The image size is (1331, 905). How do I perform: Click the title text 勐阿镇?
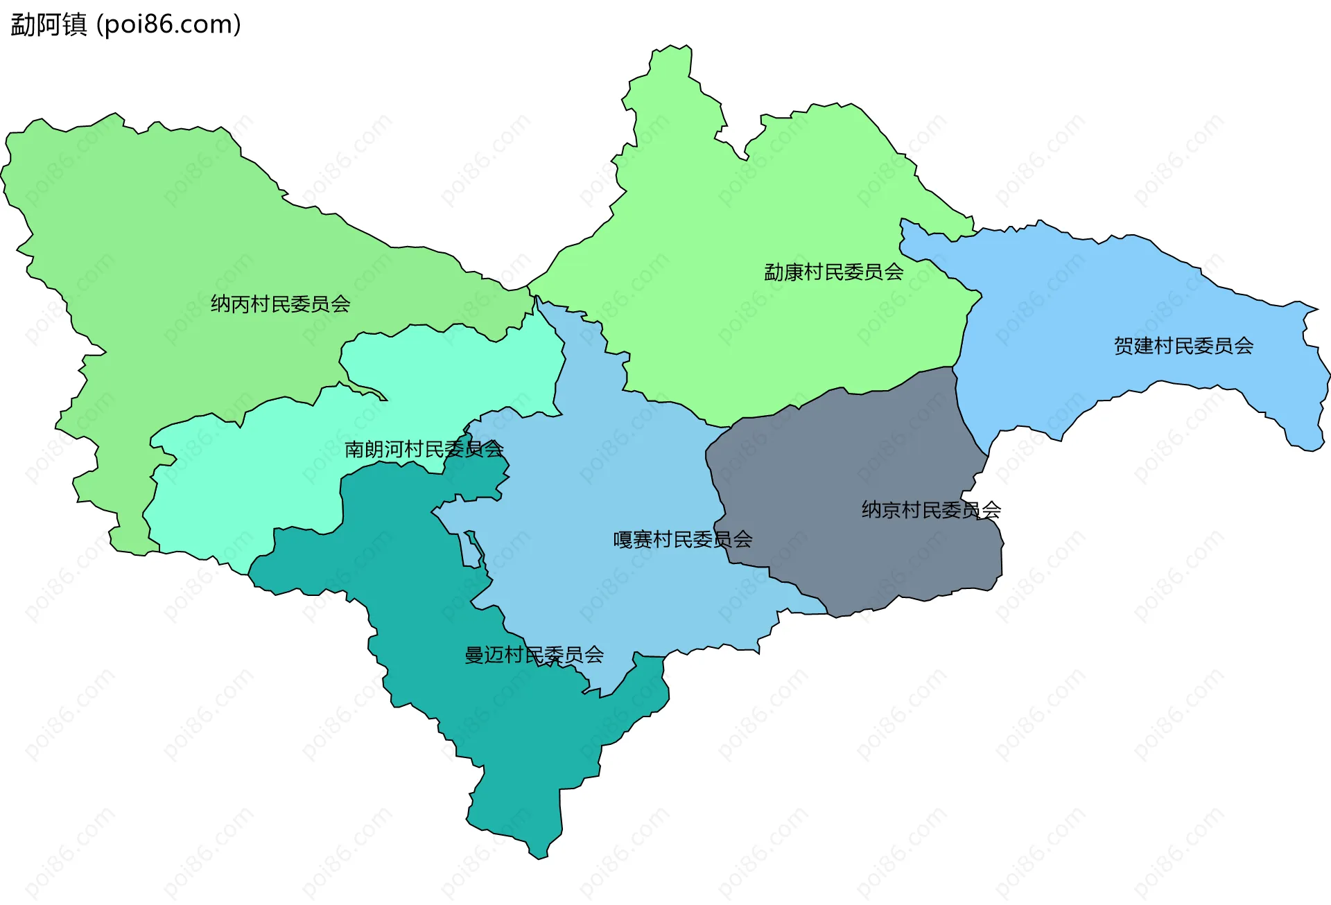coord(49,25)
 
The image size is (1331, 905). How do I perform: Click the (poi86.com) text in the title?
coord(168,25)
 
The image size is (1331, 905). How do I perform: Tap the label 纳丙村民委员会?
coord(281,304)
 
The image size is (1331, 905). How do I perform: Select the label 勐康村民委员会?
coord(833,272)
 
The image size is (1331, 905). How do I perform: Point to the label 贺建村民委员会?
coord(1183,346)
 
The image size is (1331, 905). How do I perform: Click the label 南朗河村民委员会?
coord(424,450)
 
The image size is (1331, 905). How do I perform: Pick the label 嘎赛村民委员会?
coord(683,540)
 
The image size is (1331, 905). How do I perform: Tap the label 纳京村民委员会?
coord(931,511)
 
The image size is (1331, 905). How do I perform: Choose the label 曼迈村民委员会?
coord(534,655)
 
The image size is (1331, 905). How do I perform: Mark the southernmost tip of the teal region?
coord(539,857)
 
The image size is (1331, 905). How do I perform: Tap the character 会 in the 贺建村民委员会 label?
coord(1244,346)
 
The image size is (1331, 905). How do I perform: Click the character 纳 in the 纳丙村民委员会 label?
coord(220,304)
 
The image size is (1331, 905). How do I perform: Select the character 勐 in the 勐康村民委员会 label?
coord(774,272)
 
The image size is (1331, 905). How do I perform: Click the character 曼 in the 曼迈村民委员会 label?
coord(474,655)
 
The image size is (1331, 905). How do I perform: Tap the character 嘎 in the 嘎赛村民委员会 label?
coord(623,540)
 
